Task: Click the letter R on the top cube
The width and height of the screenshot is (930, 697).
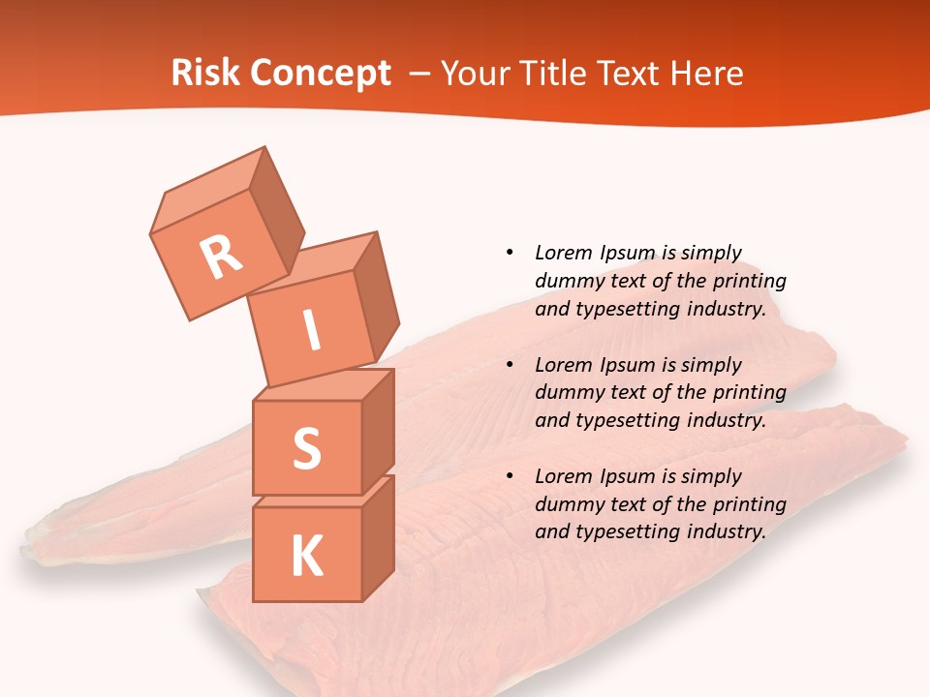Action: [222, 257]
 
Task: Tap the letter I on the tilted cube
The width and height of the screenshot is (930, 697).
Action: [311, 331]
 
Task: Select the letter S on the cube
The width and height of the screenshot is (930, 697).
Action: [306, 448]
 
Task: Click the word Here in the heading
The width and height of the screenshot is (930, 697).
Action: [706, 73]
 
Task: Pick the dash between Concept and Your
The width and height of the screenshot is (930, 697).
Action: [420, 74]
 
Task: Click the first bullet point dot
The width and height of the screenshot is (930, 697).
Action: [510, 253]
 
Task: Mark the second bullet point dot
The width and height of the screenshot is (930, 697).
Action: [510, 365]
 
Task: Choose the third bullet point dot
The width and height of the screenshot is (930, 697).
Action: [510, 476]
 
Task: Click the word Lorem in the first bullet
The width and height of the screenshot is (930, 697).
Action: [562, 253]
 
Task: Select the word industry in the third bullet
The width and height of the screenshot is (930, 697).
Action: [727, 531]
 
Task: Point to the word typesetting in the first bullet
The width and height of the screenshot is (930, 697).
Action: [627, 310]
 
